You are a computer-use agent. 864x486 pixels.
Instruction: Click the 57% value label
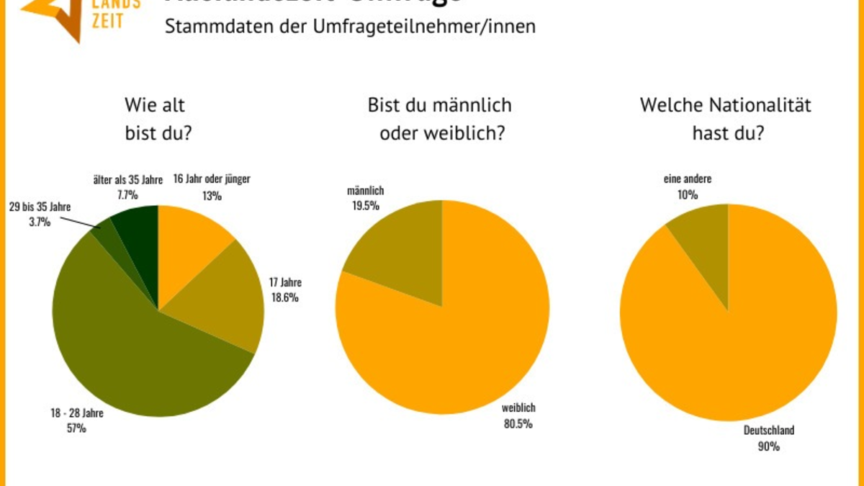pyautogui.click(x=76, y=428)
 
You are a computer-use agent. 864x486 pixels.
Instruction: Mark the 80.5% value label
pyautogui.click(x=518, y=423)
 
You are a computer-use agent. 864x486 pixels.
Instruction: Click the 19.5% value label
pyautogui.click(x=365, y=206)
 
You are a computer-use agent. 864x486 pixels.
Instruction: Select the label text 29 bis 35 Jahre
pyautogui.click(x=40, y=207)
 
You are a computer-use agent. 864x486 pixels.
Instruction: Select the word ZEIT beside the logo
pyautogui.click(x=107, y=20)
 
